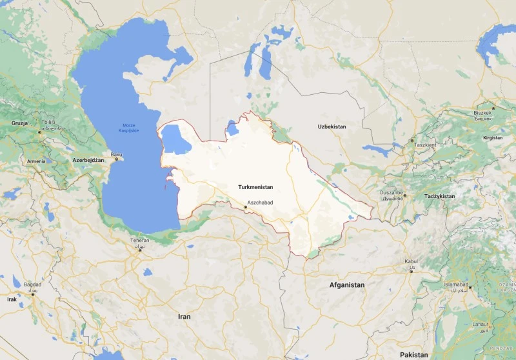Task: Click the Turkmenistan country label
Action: point(255,187)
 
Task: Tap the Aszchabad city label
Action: point(261,203)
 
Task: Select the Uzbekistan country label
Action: point(332,127)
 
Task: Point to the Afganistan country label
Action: point(347,285)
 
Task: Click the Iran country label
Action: point(184,317)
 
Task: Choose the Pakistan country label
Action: point(413,355)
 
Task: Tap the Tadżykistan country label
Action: point(439,196)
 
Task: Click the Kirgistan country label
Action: point(492,138)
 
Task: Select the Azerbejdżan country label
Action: point(88,159)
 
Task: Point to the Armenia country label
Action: point(36,161)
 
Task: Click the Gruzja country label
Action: point(20,123)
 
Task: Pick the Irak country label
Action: point(12,299)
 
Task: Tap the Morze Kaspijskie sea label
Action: point(130,128)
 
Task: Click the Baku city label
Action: point(116,154)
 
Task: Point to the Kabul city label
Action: point(411,261)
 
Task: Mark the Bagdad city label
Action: point(33,284)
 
